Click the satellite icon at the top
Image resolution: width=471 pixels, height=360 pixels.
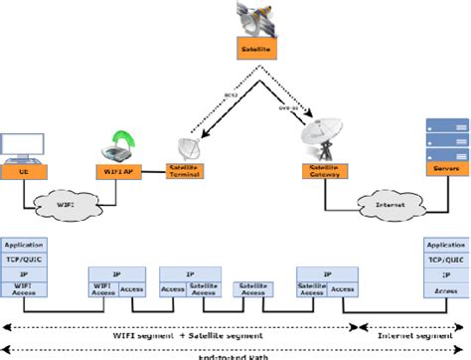pos(255,18)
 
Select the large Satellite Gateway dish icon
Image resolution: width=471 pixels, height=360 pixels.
pos(324,139)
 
